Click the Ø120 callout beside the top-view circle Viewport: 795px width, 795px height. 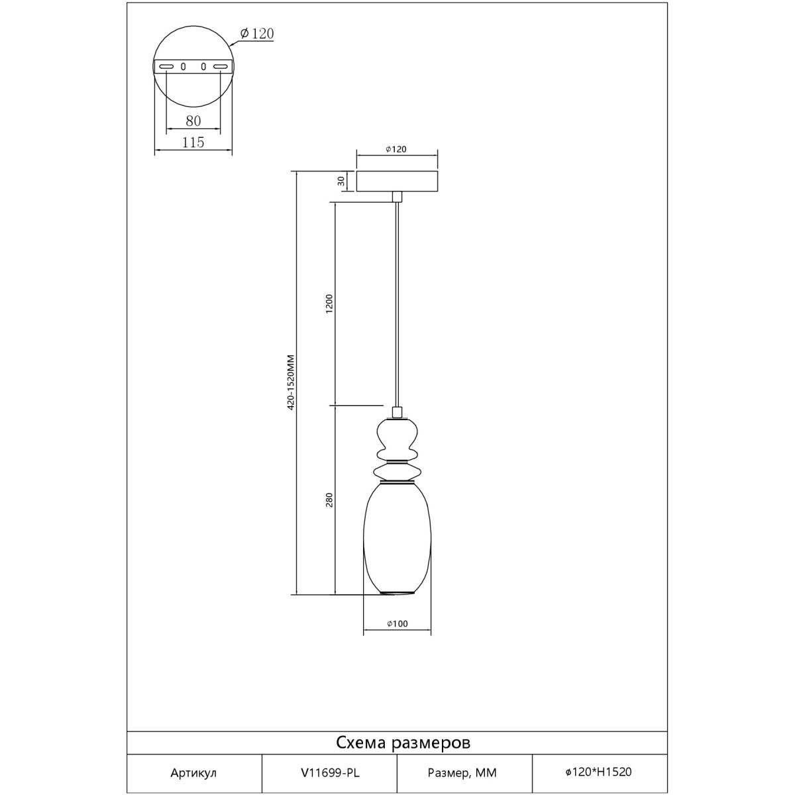click(257, 33)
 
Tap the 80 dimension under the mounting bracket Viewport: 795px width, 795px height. click(193, 121)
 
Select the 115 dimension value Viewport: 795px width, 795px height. click(193, 142)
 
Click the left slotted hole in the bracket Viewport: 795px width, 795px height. click(166, 66)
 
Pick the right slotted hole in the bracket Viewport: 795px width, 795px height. click(221, 66)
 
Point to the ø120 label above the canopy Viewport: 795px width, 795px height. click(396, 149)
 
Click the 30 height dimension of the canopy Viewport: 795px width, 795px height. click(341, 181)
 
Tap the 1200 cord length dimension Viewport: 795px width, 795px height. click(329, 303)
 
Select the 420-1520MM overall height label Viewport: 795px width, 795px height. click(291, 382)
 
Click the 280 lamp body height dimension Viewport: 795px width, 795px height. click(329, 500)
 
